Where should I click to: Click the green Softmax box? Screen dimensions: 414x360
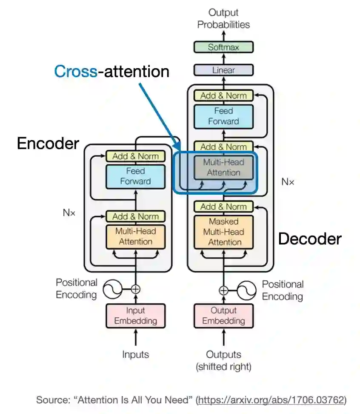pyautogui.click(x=223, y=47)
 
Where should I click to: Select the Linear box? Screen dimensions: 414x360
pyautogui.click(x=223, y=70)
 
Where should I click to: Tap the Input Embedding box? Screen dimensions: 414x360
pyautogui.click(x=135, y=316)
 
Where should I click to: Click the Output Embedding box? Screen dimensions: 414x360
pyautogui.click(x=223, y=316)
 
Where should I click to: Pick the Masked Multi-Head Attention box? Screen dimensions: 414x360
pyautogui.click(x=223, y=232)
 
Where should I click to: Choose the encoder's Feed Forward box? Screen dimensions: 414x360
pyautogui.click(x=135, y=176)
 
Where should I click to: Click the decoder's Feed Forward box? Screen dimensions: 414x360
pyautogui.click(x=223, y=116)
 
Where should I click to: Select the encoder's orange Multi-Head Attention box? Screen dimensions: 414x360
pyautogui.click(x=135, y=236)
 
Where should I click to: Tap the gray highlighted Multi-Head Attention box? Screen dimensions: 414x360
pyautogui.click(x=223, y=167)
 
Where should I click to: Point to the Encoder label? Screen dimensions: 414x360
pyautogui.click(x=48, y=144)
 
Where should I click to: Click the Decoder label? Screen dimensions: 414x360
pyautogui.click(x=310, y=239)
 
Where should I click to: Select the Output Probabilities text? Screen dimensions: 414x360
pyautogui.click(x=223, y=18)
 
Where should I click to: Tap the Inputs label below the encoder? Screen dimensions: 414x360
pyautogui.click(x=135, y=354)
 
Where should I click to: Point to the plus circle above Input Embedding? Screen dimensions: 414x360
pyautogui.click(x=135, y=289)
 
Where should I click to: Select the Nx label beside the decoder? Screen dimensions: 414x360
pyautogui.click(x=288, y=182)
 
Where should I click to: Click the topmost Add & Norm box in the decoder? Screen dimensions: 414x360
pyautogui.click(x=223, y=95)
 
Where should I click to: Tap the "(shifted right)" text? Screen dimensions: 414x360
pyautogui.click(x=223, y=366)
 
